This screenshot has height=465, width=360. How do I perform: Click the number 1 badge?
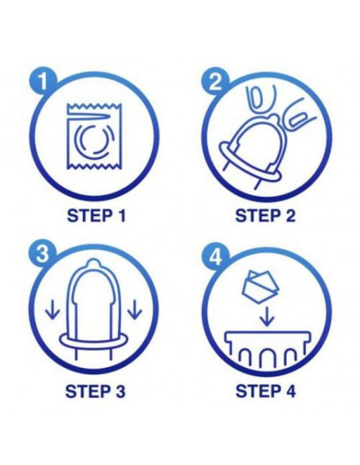pos(43,80)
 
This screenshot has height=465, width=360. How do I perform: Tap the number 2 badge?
pos(216,80)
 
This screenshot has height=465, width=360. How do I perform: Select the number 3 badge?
pos(43,254)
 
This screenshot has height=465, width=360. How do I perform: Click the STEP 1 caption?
pos(96,216)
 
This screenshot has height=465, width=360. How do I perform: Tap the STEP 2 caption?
pos(265,216)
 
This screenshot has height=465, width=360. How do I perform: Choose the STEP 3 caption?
pos(96,391)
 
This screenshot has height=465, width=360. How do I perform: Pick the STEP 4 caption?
pos(265,391)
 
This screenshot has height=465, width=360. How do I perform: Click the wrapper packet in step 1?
pos(94,136)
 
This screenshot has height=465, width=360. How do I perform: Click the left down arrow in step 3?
pos(53,310)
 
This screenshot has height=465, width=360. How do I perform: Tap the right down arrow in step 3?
pos(135,310)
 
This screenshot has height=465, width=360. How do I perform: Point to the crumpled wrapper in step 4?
pos(260,287)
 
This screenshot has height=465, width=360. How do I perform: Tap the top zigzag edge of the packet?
pos(94,106)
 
